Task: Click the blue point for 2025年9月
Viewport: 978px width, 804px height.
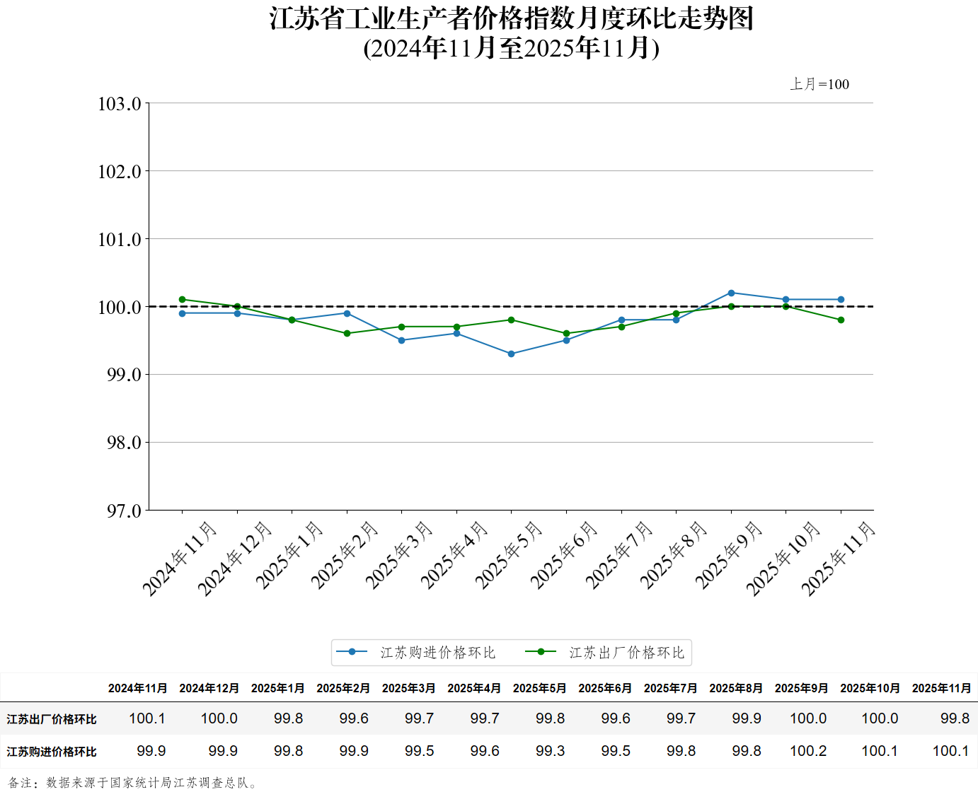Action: [x=731, y=293]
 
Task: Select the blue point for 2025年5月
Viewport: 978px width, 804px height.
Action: [x=512, y=354]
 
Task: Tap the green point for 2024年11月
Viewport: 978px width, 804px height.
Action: [x=183, y=300]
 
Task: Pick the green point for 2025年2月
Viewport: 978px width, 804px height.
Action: [x=347, y=333]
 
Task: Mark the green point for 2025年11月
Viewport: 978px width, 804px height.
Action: [x=841, y=320]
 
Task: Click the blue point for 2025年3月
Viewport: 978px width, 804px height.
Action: [x=402, y=340]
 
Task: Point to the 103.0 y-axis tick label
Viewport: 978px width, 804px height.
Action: [x=120, y=104]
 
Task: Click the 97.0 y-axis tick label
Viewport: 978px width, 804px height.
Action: [x=124, y=511]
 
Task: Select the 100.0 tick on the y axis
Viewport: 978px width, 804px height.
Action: [x=120, y=307]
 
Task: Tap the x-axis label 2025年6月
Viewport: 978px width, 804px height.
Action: [x=564, y=555]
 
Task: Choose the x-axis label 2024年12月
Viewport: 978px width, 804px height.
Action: [x=234, y=559]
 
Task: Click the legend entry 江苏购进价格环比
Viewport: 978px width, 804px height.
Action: [x=437, y=653]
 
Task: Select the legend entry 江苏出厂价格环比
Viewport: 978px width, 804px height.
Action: [x=626, y=653]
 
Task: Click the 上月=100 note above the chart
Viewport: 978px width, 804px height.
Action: [x=819, y=84]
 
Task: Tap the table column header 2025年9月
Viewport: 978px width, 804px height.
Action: [x=801, y=688]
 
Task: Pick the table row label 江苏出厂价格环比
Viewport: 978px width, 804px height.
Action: [x=52, y=719]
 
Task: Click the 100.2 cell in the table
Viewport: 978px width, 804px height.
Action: [x=808, y=751]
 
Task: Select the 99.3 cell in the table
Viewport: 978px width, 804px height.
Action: [x=550, y=751]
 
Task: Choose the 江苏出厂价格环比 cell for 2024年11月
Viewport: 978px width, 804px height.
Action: [x=147, y=718]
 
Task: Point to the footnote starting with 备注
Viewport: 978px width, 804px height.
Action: [x=133, y=783]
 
